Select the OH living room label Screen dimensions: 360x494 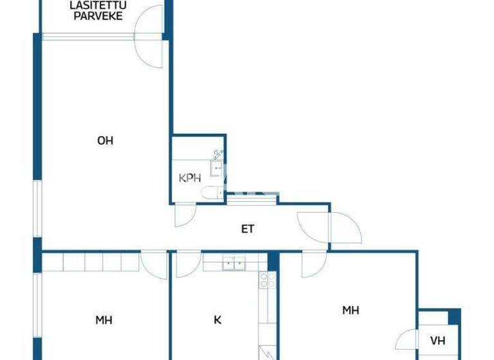tap(105, 141)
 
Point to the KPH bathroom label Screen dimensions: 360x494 tap(190, 178)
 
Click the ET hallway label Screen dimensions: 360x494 tap(248, 229)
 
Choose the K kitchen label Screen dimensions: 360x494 tap(217, 319)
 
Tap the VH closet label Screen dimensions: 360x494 tap(438, 340)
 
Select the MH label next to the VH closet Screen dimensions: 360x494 tap(350, 310)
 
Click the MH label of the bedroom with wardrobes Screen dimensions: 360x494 tap(104, 319)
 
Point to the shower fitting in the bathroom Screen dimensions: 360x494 tap(217, 153)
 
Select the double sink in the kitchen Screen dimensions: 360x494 tap(233, 263)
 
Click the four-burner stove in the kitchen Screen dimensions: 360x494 tap(267, 280)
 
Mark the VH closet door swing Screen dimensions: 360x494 tap(406, 338)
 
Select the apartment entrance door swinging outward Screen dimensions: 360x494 tap(345, 228)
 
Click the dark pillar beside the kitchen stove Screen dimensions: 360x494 tap(273, 260)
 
